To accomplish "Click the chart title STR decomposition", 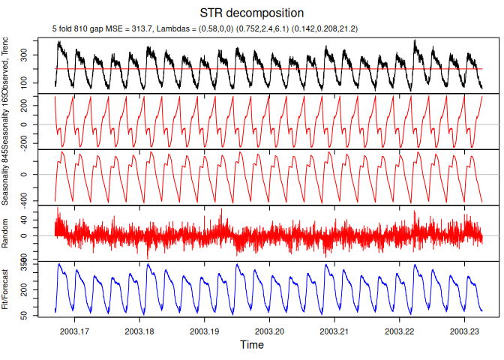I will click(252, 13).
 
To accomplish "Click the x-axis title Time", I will click(252, 345).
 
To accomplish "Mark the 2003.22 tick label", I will click(400, 330).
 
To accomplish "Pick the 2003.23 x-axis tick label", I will click(464, 330).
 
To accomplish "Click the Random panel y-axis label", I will click(6, 233).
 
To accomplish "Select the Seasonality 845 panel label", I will click(6, 178).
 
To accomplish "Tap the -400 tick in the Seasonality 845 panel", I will click(44, 202).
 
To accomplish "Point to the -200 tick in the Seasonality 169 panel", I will click(44, 139).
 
